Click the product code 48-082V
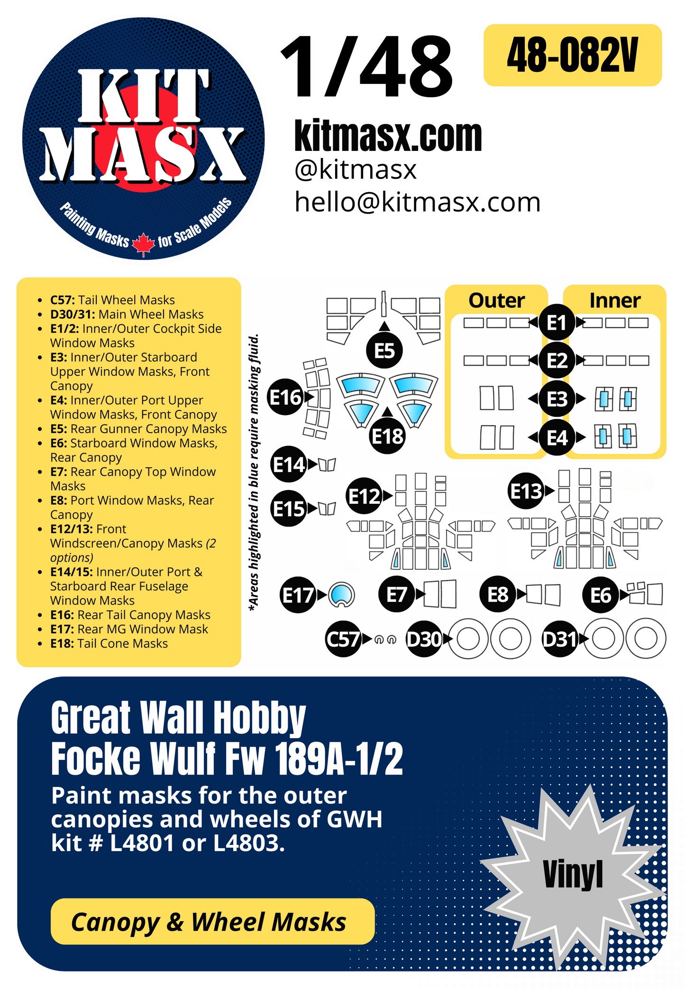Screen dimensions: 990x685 pos(572,56)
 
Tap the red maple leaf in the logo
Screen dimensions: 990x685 pos(143,244)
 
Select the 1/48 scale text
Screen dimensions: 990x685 pos(366,67)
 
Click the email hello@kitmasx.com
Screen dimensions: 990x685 pos(417,202)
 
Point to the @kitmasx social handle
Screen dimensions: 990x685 pos(355,170)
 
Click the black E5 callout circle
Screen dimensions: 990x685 pos(384,351)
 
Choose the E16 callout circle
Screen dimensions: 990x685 pos(285,397)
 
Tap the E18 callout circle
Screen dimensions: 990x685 pos(387,436)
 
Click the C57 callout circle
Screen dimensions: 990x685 pos(343,639)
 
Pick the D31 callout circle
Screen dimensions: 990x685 pos(560,639)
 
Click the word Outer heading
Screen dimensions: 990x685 pos(496,301)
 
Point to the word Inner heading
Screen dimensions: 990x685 pos(615,301)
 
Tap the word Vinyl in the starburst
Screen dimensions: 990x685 pos(573,874)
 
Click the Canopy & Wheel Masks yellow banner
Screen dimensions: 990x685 pos(212,921)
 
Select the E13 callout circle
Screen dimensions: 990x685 pos(526,491)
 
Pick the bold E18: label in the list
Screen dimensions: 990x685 pos(62,644)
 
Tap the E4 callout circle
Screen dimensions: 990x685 pos(557,437)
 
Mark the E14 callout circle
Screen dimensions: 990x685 pos(288,464)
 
